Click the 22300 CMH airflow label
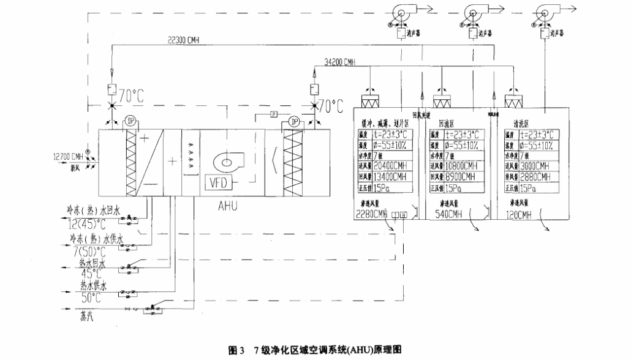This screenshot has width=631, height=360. coord(182,40)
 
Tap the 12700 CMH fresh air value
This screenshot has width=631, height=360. coord(67,156)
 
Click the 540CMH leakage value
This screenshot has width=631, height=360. coord(452,215)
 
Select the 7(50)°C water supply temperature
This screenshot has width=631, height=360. coord(87,252)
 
